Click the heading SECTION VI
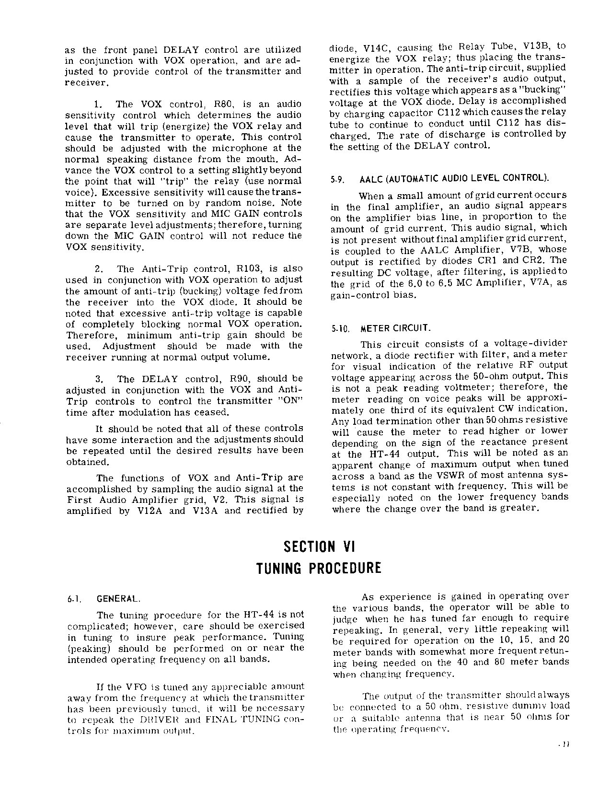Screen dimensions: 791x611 [318, 546]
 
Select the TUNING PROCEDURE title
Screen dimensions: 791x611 [319, 569]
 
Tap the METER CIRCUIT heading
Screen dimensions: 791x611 [396, 329]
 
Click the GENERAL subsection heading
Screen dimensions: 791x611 [118, 599]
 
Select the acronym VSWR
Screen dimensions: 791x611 [447, 475]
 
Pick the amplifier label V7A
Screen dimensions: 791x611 [542, 283]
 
